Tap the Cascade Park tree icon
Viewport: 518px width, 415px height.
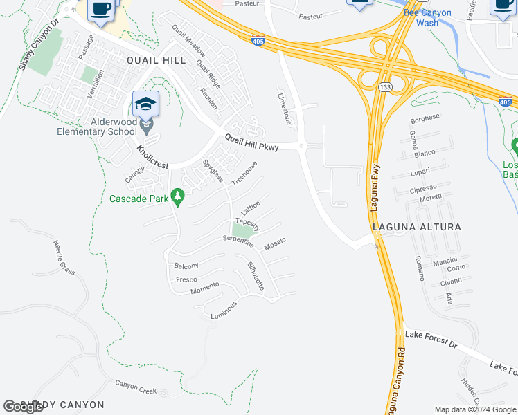178,198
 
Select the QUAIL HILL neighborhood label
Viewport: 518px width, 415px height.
156,60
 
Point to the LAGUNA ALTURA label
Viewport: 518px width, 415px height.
416,226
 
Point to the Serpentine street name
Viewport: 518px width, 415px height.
238,241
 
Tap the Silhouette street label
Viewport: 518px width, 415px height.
256,277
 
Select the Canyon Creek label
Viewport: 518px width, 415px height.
136,387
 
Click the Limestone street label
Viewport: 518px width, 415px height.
285,109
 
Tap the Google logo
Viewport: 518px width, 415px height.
23,407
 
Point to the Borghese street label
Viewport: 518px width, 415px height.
425,118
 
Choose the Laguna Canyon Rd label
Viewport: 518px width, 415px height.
395,377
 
